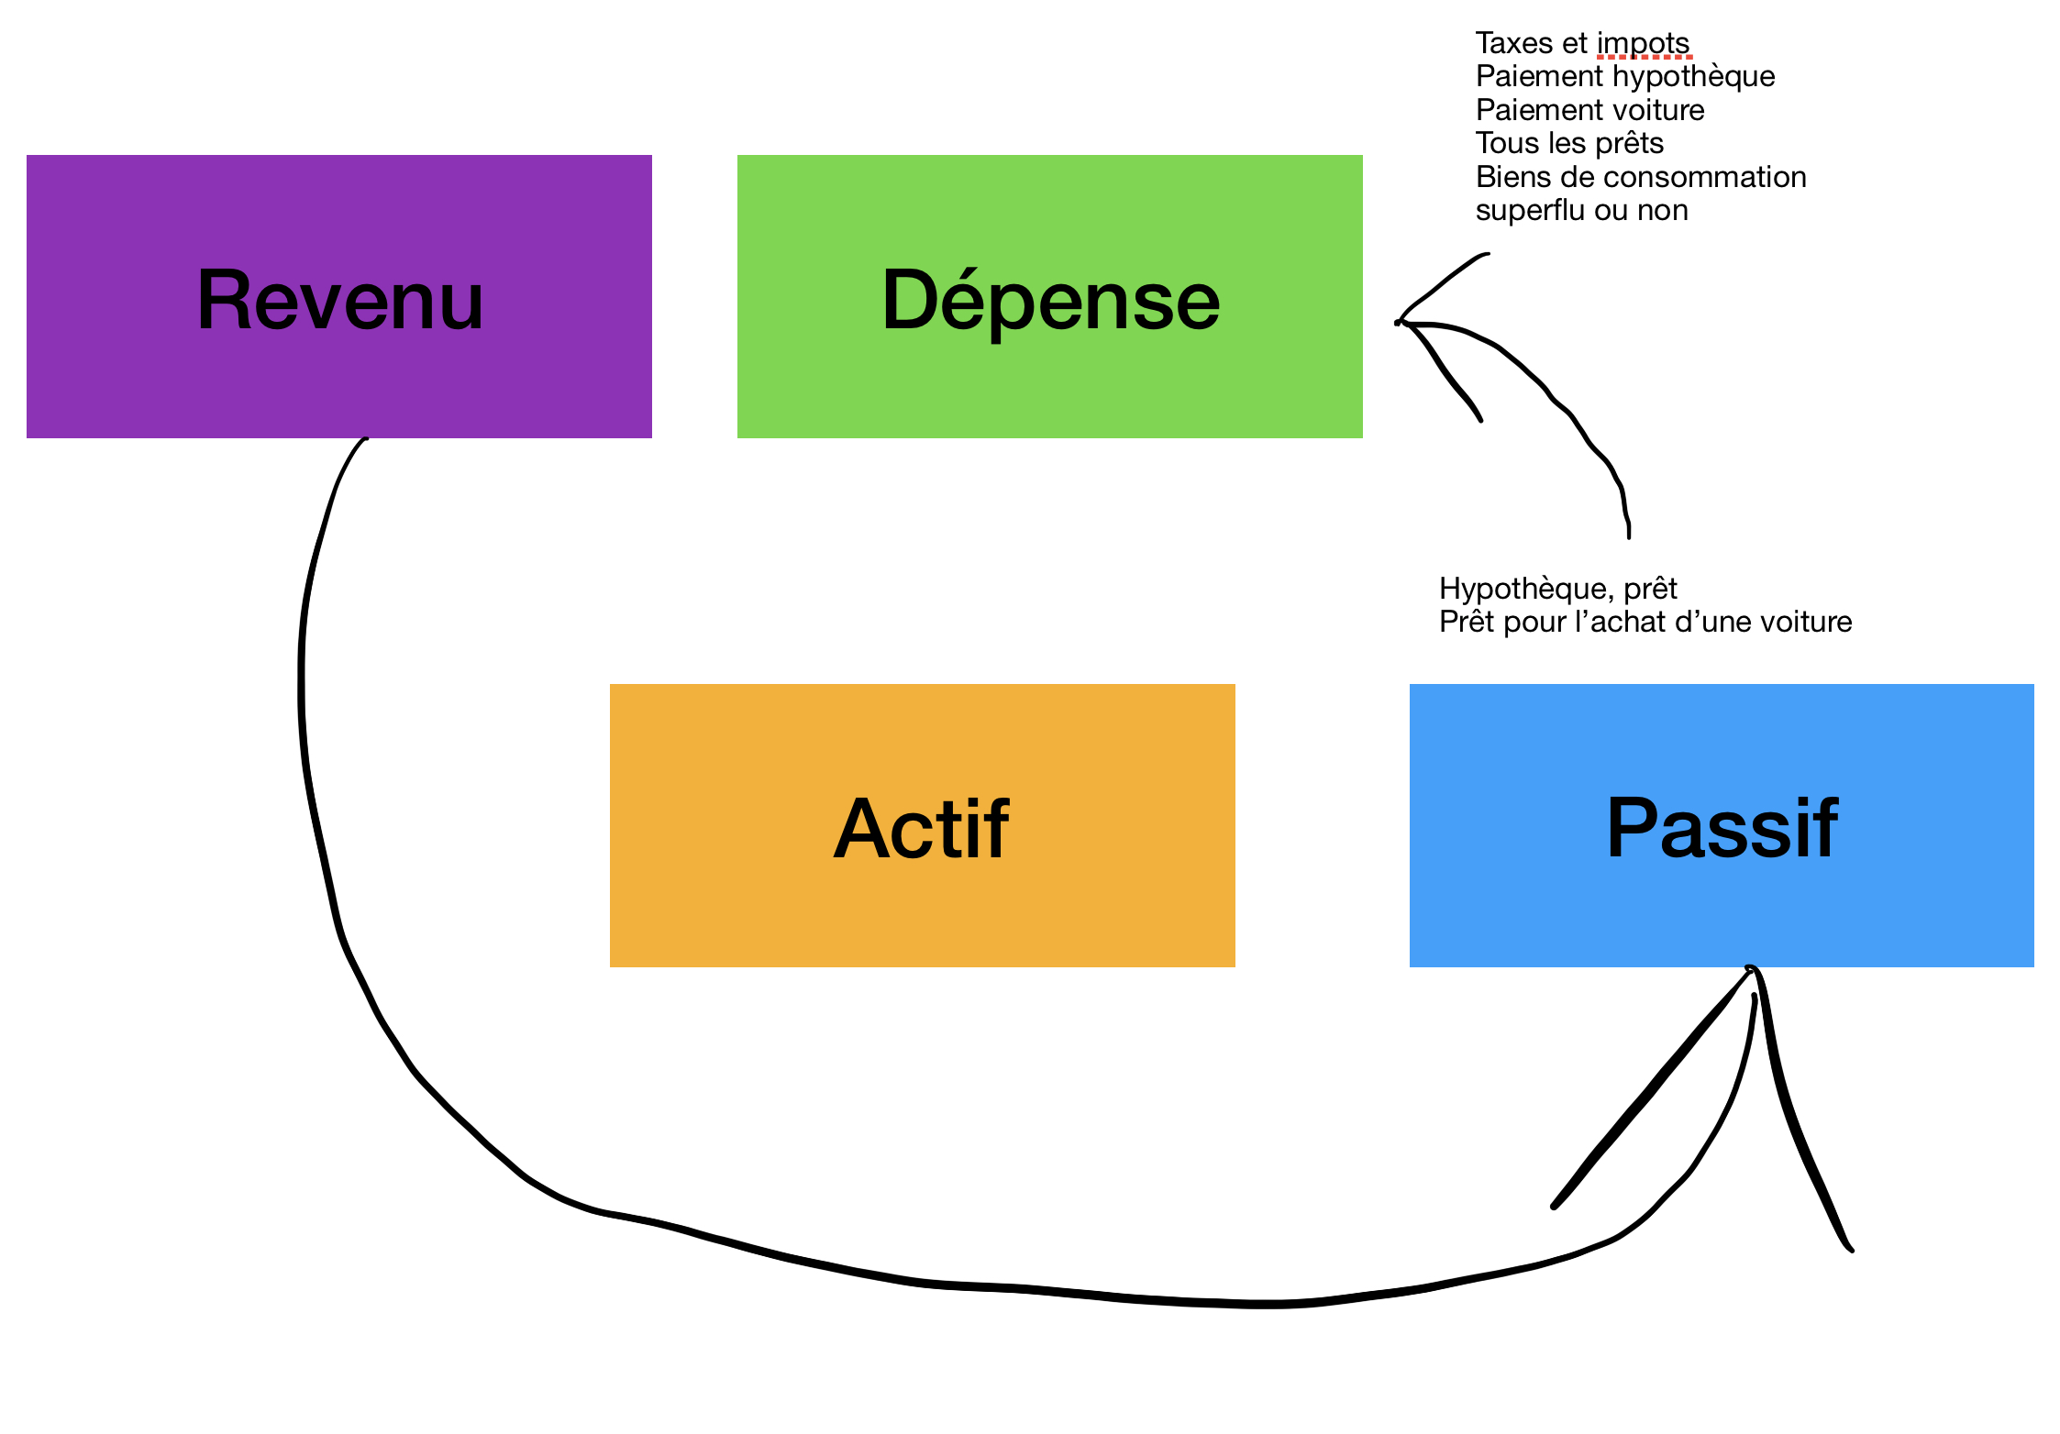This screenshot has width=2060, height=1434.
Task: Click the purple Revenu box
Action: click(x=339, y=296)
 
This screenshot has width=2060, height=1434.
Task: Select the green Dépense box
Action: click(x=1050, y=296)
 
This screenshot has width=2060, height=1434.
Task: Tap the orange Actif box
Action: click(x=923, y=825)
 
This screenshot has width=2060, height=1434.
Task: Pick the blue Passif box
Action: click(x=1722, y=825)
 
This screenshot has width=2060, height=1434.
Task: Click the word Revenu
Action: click(x=340, y=300)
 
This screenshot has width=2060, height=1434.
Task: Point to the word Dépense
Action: click(x=1051, y=302)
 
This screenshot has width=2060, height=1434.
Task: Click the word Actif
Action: click(x=922, y=828)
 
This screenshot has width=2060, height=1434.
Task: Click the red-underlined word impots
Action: click(x=1643, y=44)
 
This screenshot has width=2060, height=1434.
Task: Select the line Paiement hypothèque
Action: click(x=1625, y=77)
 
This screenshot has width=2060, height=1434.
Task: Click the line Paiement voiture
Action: click(x=1590, y=110)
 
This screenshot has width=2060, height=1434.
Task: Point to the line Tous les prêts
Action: click(x=1569, y=143)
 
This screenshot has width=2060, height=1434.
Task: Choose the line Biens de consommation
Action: click(x=1641, y=177)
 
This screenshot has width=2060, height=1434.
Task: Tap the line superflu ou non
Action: click(x=1582, y=211)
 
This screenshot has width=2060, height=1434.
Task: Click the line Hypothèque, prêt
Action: click(x=1558, y=589)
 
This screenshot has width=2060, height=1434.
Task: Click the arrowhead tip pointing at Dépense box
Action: click(x=1397, y=323)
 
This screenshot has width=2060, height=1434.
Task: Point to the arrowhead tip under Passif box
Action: click(x=1750, y=968)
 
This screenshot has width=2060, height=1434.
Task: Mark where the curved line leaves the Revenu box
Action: click(x=366, y=439)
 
